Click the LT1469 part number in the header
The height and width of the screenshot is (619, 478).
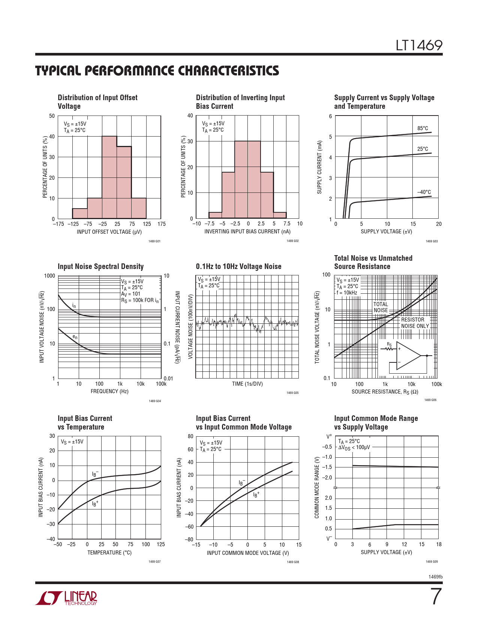tap(419, 45)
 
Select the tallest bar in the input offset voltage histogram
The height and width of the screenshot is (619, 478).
tap(109, 177)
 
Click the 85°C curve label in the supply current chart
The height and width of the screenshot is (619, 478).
tap(423, 128)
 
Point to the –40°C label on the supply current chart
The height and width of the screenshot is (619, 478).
tap(424, 192)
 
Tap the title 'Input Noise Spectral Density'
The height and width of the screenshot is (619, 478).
tap(100, 266)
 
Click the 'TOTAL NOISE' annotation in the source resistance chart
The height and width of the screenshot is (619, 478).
tap(381, 307)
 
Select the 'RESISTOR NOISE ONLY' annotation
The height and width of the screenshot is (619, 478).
tap(415, 323)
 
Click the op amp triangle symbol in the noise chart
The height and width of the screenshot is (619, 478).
tap(408, 355)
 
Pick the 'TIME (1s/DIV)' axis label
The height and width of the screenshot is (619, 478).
tap(247, 384)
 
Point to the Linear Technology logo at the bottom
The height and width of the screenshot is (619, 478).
tap(66, 598)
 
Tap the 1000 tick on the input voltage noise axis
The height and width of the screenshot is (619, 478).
tap(49, 276)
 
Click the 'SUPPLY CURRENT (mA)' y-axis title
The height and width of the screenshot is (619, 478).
tap(319, 167)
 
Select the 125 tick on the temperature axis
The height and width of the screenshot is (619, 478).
tap(160, 544)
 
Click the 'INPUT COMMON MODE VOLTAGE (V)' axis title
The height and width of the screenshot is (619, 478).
tap(248, 553)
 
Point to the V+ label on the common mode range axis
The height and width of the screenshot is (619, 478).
tap(329, 437)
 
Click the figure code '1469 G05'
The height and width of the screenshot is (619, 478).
tap(292, 393)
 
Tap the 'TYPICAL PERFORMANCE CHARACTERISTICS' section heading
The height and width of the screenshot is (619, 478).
tap(157, 71)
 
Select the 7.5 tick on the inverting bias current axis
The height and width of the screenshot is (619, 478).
tap(287, 224)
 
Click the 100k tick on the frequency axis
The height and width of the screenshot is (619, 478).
tap(161, 384)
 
